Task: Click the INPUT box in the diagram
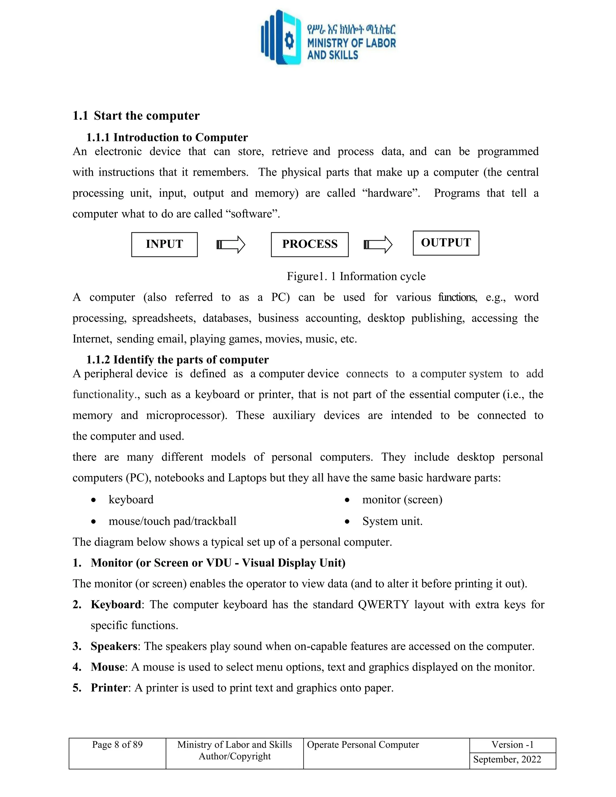pos(164,245)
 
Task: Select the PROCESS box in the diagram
pos(310,245)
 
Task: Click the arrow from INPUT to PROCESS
pos(231,245)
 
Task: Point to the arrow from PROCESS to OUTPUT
pos(378,245)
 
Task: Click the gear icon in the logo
pos(289,40)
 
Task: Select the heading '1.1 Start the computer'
pos(136,116)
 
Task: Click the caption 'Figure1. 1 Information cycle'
pos(356,276)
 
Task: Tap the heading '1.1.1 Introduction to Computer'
pos(167,137)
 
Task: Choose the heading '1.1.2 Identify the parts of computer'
pos(177,359)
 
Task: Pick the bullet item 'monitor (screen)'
pos(402,499)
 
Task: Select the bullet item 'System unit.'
pos(392,521)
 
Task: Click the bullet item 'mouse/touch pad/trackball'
pos(172,521)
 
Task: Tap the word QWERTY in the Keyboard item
pos(383,605)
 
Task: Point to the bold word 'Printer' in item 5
pos(109,688)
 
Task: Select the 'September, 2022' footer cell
pos(507,759)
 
